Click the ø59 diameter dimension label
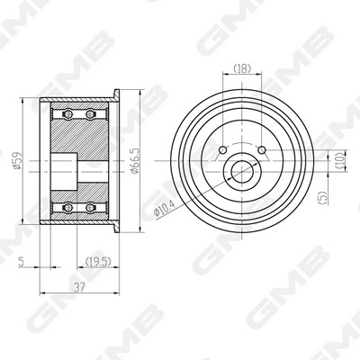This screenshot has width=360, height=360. [18, 161]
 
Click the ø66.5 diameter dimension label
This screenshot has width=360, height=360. [136, 160]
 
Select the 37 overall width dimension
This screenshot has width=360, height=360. [79, 287]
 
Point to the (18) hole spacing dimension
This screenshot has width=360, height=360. [242, 68]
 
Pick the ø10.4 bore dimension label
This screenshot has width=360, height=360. [164, 208]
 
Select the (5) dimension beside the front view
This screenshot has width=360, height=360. [323, 198]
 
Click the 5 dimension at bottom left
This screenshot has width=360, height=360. [22, 262]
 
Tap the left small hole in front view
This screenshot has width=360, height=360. [223, 149]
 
